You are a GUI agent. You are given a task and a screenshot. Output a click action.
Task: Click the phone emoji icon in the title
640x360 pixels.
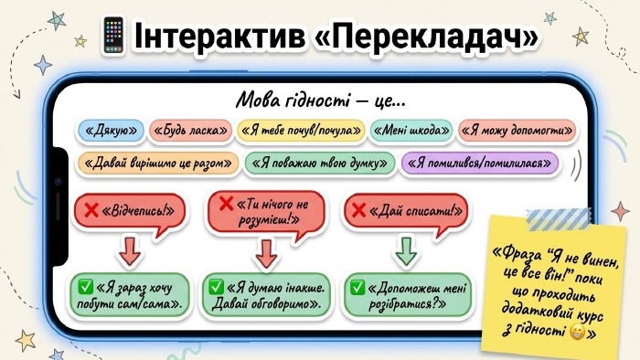point(113,36)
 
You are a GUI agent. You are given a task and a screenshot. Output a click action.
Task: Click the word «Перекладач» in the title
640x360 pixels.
point(427,36)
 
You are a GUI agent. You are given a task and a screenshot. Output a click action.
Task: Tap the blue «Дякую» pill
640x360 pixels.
point(111,131)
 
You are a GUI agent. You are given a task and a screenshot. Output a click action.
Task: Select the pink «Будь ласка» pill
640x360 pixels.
point(190,131)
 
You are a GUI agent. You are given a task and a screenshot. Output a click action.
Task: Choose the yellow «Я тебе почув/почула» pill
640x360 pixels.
point(301,131)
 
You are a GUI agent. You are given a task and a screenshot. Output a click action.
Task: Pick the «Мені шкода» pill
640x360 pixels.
point(411,131)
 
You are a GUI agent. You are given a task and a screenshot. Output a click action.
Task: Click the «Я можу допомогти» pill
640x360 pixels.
point(517,131)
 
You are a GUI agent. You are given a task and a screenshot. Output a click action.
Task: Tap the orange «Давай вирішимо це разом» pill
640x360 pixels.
point(157,163)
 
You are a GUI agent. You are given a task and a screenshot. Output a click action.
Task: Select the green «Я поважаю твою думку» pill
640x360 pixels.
point(320,163)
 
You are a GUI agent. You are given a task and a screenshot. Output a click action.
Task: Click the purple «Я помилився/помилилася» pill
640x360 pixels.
point(480,163)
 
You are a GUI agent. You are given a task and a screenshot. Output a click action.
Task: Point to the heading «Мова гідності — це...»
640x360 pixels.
point(321,101)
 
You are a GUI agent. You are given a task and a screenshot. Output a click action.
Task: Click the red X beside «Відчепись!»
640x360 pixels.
point(91,210)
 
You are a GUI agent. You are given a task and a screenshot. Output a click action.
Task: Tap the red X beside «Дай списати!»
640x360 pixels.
point(358,210)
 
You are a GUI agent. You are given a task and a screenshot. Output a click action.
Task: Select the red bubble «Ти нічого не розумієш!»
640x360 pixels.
point(266,212)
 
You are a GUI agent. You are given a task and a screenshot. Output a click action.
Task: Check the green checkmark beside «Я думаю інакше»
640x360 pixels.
point(216,287)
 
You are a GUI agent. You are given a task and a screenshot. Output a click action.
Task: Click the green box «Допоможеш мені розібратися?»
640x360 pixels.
point(407,295)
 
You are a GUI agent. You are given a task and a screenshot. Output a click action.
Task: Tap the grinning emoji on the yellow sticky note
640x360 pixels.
point(577,332)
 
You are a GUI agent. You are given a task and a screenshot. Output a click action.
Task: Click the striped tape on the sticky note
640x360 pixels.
point(559,219)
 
